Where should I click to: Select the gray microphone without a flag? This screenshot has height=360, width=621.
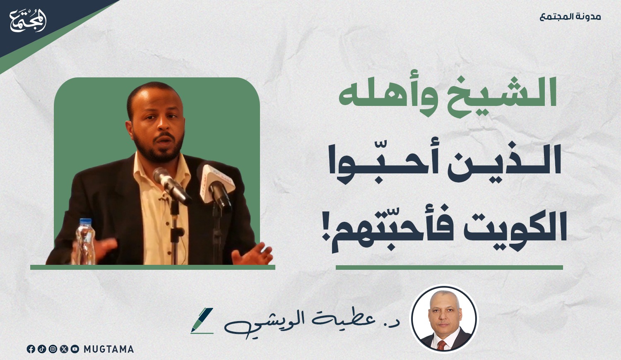171,186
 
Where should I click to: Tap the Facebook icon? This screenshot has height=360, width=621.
31,349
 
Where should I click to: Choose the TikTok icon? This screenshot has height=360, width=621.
41,349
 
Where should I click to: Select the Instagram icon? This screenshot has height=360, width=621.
53,349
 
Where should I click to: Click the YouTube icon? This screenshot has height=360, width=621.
75,349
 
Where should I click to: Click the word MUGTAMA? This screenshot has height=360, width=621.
108,349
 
